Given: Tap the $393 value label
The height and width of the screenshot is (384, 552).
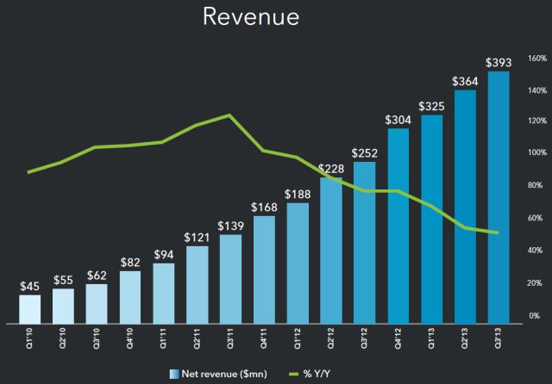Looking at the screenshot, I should pyautogui.click(x=499, y=62).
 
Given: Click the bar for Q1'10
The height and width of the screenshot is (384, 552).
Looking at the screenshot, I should pyautogui.click(x=29, y=307).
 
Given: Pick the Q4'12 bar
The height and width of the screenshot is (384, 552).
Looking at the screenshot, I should pyautogui.click(x=398, y=224).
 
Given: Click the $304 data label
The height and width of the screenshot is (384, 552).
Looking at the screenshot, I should pyautogui.click(x=398, y=120).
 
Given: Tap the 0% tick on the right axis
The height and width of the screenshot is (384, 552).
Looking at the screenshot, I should pyautogui.click(x=535, y=316).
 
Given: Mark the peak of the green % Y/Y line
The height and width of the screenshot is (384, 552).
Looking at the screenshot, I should pyautogui.click(x=230, y=115).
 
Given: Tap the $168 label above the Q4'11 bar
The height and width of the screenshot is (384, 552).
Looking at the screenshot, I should pyautogui.click(x=264, y=207).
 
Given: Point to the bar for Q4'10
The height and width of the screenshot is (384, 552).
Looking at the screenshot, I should pyautogui.click(x=129, y=295).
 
